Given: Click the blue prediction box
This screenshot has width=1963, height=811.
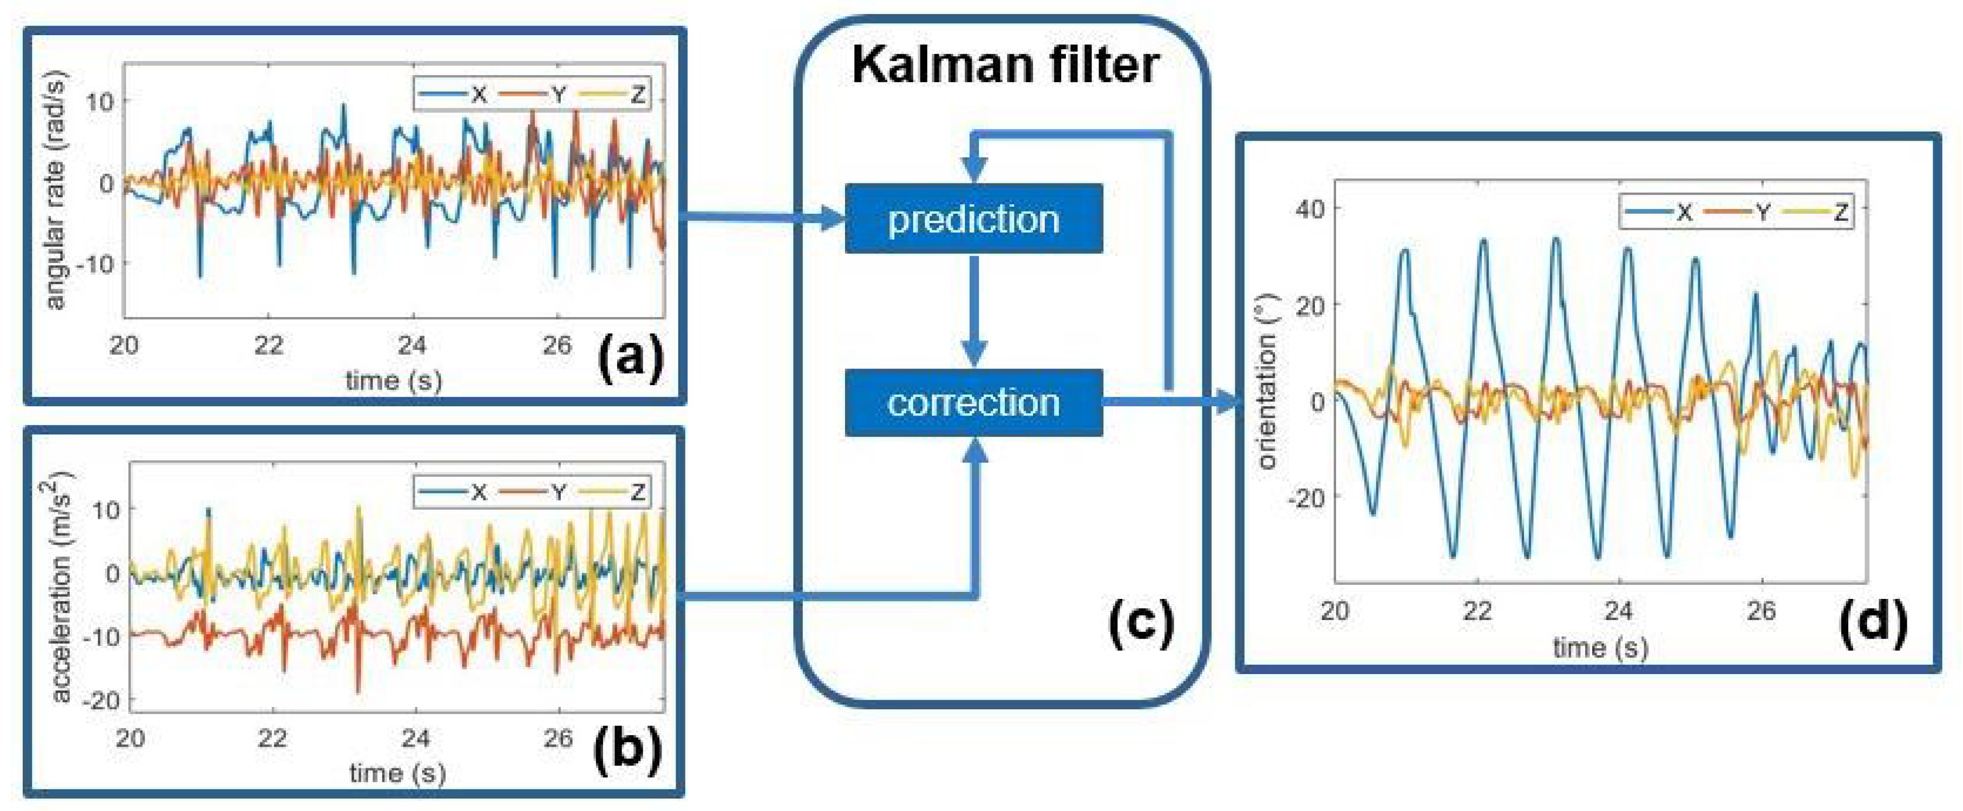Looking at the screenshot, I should [x=973, y=219].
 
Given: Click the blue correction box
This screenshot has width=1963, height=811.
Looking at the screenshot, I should [x=973, y=402].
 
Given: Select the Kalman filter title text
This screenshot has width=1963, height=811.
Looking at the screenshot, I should [x=1005, y=65].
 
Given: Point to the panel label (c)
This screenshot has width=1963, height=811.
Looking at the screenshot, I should [x=1141, y=623].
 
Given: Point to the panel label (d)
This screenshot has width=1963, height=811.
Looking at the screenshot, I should [x=1872, y=623].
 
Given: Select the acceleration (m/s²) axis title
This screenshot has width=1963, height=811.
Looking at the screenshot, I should [x=57, y=586].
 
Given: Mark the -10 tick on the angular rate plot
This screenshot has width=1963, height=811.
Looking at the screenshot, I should [x=96, y=264].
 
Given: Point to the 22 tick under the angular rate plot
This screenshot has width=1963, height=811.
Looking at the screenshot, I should [x=268, y=346].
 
